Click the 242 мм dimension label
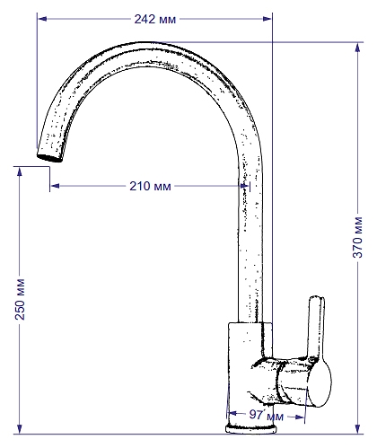click(x=155, y=19)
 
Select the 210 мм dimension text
click(x=150, y=186)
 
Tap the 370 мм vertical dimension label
click(x=357, y=237)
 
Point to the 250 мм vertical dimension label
click(x=20, y=299)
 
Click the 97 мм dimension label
click(x=267, y=415)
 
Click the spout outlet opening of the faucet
click(x=49, y=157)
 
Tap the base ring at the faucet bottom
click(x=250, y=429)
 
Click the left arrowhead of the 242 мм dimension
click(x=42, y=19)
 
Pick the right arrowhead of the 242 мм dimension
click(x=267, y=19)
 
